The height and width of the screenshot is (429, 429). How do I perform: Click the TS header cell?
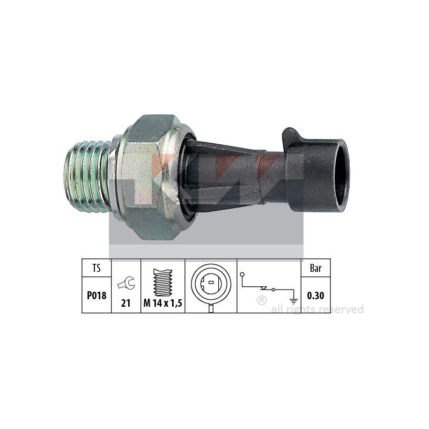pos(97,268)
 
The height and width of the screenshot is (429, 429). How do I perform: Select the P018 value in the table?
pos(97,295)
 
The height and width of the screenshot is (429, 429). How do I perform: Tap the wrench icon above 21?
pos(126,283)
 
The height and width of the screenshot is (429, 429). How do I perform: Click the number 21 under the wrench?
pos(125,303)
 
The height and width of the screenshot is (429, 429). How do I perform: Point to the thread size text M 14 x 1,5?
pos(163,303)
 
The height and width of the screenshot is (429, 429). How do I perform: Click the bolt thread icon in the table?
pos(163,283)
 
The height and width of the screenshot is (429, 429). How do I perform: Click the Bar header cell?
pos(316,268)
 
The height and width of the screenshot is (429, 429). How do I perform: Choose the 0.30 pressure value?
pos(316,295)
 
